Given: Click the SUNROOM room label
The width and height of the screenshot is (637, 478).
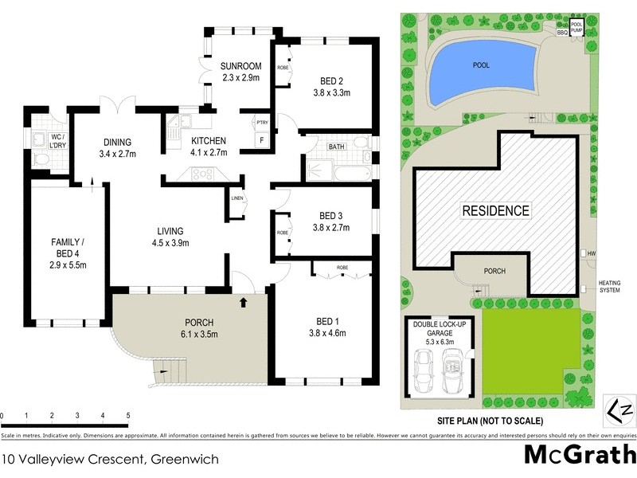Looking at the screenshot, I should point(240,67).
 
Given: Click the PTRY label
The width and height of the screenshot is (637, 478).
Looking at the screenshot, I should point(261,122).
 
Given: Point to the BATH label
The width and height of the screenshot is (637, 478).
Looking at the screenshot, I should point(336,146).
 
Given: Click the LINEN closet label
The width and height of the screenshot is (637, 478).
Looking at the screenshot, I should point(236,198).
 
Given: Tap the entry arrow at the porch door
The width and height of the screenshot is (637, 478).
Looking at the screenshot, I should point(243,303).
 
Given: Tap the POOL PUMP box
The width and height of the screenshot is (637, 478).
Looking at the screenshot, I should point(577,28).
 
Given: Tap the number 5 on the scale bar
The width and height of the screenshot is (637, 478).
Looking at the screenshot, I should point(127,416).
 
